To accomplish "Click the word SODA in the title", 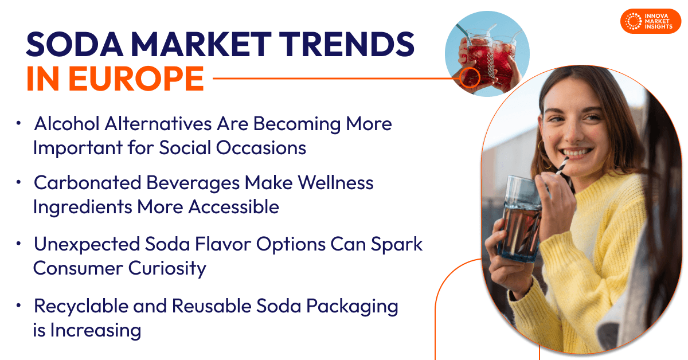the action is coord(75,45).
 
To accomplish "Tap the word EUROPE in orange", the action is coord(136,79).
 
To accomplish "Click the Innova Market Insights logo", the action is coord(651,21).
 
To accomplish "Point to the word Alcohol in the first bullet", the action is coord(67,124).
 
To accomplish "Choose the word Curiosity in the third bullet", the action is coord(167,268).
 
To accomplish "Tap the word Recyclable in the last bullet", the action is coord(81,307).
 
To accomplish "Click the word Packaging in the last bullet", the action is coord(352,307).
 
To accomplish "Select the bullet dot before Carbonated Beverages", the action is coord(18,182).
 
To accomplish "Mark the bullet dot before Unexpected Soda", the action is coord(18,244).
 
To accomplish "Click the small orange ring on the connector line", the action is coord(470,78).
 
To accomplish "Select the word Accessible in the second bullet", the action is coord(233,207).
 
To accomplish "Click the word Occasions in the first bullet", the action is coord(261,148).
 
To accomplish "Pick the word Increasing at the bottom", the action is coord(96,331).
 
